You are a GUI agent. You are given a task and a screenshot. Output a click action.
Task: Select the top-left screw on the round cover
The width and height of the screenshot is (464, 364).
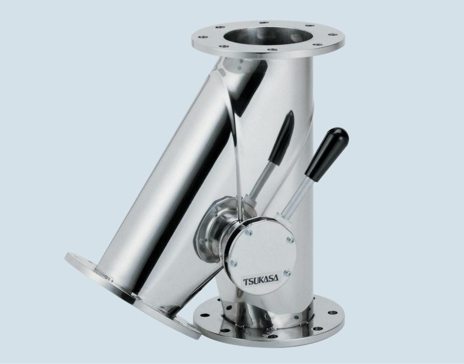249,233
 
